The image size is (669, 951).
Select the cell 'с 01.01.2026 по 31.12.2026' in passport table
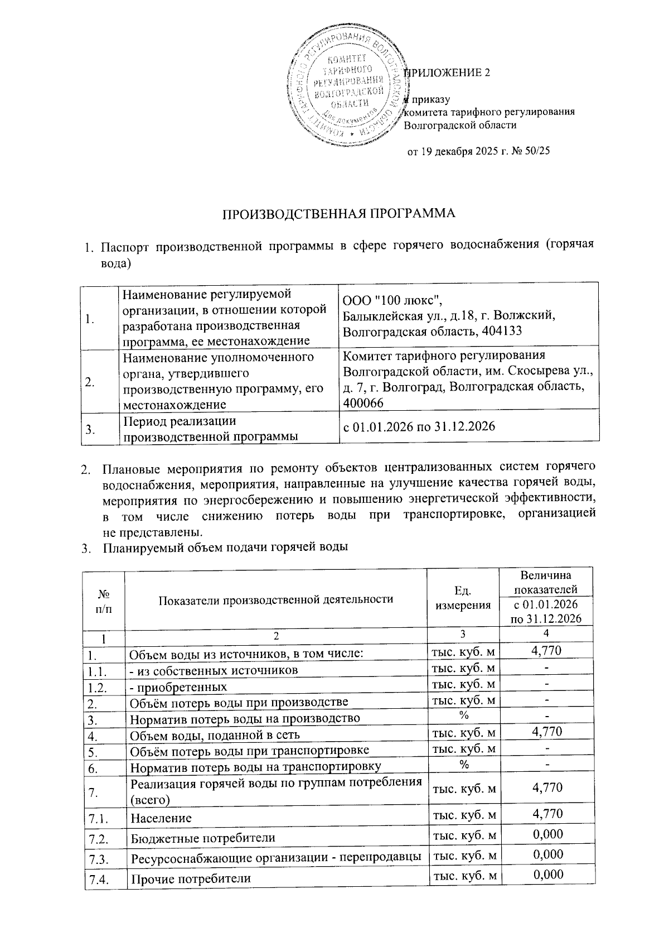[419, 427]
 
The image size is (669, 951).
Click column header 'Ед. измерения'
[463, 597]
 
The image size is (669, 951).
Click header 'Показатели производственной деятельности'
[276, 599]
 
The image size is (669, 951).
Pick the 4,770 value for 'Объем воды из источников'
[546, 650]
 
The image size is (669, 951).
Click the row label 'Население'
[161, 818]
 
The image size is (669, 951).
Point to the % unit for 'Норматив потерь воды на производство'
[463, 715]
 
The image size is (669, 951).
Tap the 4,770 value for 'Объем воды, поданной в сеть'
[546, 732]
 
